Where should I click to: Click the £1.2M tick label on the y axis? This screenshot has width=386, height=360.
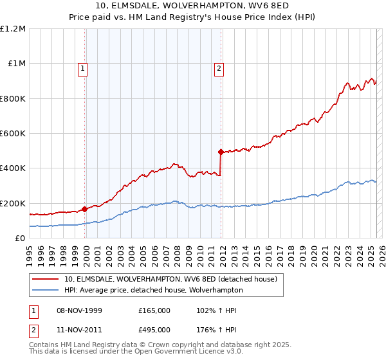[14, 28]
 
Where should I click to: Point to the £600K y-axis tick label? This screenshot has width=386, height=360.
[13, 133]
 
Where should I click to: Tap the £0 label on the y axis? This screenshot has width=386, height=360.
[21, 238]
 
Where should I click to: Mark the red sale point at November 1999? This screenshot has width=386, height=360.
[84, 209]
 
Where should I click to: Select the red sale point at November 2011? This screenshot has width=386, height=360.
[221, 152]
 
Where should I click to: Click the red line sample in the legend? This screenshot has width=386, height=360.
[46, 279]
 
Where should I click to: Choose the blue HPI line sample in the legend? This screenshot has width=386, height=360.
[46, 290]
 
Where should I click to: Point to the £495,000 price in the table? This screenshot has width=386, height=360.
[154, 330]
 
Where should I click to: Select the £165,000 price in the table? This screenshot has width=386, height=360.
[154, 310]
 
